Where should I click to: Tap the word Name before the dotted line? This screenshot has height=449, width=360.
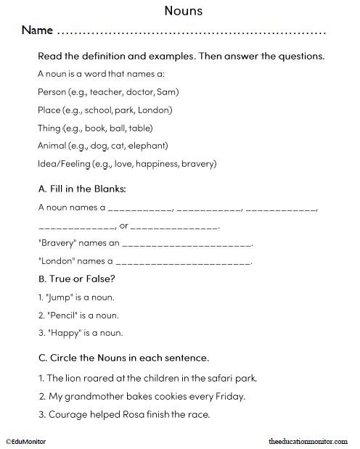click(37, 31)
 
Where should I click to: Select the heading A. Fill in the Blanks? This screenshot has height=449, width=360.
click(81, 189)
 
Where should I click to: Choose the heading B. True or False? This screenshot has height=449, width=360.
click(76, 279)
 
